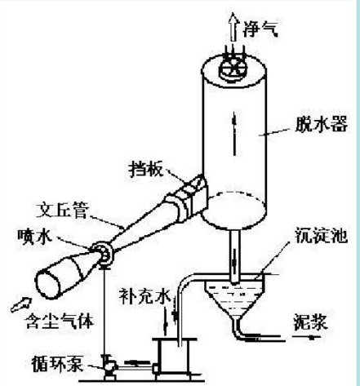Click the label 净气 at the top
tap(260, 29)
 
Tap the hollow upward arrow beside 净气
tap(233, 27)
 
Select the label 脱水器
tap(322, 125)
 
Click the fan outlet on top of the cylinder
tap(233, 69)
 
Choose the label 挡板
tap(146, 170)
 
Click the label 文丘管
tap(63, 210)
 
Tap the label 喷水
tap(34, 236)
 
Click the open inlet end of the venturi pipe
tap(48, 286)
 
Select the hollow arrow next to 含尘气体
tap(21, 304)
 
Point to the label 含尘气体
tap(59, 322)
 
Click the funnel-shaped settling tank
tap(235, 299)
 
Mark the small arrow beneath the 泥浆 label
tap(308, 338)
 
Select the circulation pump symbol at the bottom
tap(109, 366)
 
